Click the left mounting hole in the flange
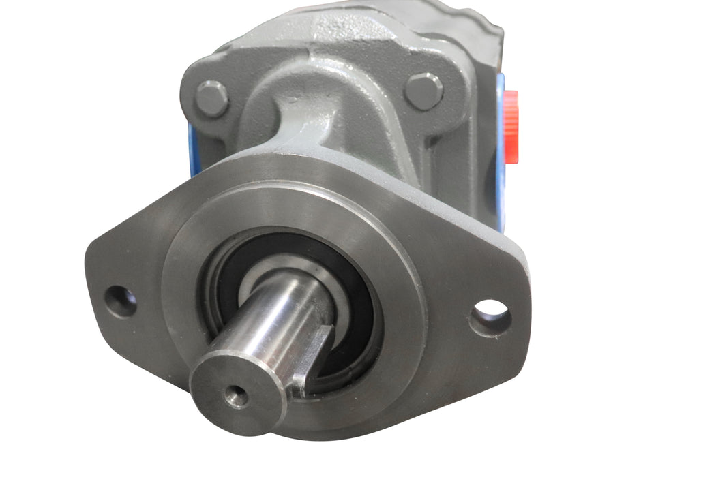(120, 301)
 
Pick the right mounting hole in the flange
(490, 318)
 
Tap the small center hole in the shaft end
(237, 396)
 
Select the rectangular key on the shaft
(312, 358)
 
